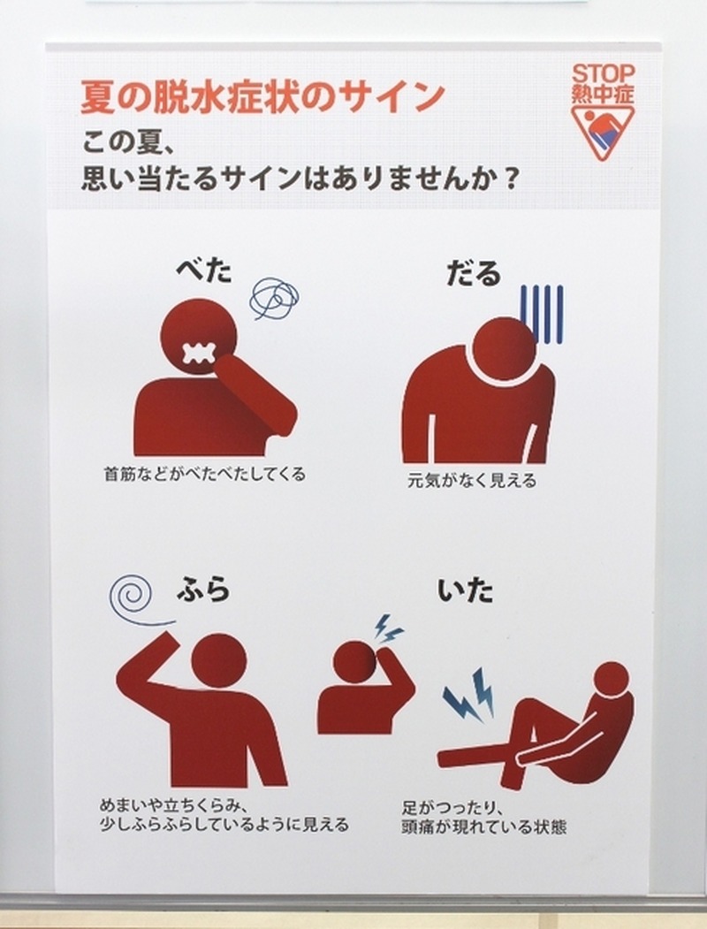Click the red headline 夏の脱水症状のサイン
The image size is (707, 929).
tap(262, 96)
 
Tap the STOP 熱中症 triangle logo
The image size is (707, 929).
tap(603, 112)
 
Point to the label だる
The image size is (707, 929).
tap(474, 272)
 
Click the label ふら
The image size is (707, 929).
tap(203, 590)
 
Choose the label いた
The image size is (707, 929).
tap(466, 590)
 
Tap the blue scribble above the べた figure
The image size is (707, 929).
tap(274, 298)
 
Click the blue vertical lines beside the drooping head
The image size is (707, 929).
tap(541, 314)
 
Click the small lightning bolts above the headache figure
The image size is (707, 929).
tap(389, 629)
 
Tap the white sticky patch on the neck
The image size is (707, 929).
tap(197, 354)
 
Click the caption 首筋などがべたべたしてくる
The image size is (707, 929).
tap(205, 474)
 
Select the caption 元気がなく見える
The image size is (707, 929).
tap(472, 479)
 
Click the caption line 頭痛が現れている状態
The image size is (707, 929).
tap(483, 826)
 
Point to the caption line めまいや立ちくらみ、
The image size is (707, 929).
tap(171, 806)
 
